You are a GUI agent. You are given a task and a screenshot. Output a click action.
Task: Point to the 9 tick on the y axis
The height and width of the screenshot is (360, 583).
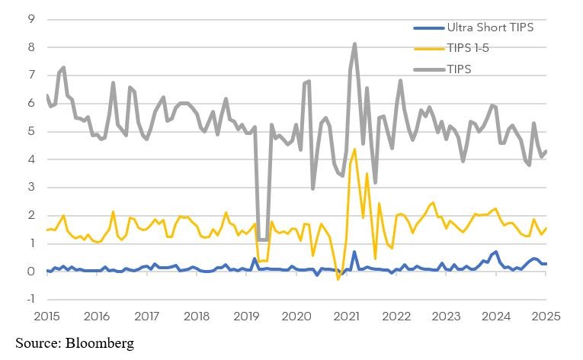click(31, 19)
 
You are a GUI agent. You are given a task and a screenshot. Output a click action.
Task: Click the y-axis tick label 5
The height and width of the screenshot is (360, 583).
click(31, 131)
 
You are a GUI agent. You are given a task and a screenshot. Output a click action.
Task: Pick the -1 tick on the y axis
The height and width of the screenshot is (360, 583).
click(30, 300)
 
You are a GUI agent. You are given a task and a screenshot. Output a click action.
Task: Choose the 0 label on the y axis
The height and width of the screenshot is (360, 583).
click(31, 272)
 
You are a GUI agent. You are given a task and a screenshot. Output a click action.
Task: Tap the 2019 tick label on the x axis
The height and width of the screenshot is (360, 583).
click(245, 315)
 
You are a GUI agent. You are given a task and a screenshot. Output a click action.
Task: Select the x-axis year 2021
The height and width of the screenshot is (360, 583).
click(347, 315)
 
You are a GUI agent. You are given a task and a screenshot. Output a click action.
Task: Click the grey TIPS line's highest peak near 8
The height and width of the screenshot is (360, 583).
click(355, 44)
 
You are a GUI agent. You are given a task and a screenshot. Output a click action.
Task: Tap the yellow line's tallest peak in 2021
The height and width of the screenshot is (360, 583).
click(355, 149)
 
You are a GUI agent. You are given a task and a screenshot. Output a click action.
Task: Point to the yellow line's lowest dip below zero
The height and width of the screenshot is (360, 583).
click(338, 279)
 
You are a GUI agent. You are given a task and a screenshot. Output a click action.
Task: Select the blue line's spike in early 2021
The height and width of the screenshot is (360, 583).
click(354, 252)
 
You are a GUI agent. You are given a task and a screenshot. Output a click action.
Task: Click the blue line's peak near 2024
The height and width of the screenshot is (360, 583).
click(496, 252)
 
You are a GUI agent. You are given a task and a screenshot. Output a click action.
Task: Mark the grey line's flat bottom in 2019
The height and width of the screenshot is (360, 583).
click(261, 239)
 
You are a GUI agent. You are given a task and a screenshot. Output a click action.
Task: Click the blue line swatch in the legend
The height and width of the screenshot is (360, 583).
click(428, 27)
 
